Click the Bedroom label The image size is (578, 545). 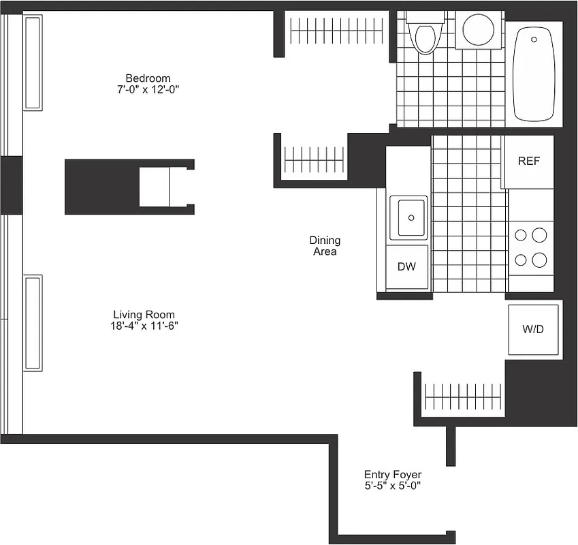pyautogui.click(x=148, y=78)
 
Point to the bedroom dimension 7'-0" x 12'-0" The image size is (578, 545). pyautogui.click(x=148, y=89)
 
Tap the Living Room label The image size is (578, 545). pyautogui.click(x=144, y=315)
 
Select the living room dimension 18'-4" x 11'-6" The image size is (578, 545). pyautogui.click(x=144, y=326)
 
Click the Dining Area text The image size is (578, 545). pyautogui.click(x=325, y=246)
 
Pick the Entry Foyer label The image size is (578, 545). pyautogui.click(x=392, y=475)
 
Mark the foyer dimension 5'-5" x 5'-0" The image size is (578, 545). pyautogui.click(x=392, y=486)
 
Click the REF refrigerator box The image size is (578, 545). pyautogui.click(x=528, y=161)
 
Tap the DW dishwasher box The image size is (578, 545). pyautogui.click(x=406, y=266)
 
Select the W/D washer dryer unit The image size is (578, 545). pyautogui.click(x=533, y=330)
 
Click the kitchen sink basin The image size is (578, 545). pyautogui.click(x=408, y=217)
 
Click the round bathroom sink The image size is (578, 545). pyautogui.click(x=479, y=29)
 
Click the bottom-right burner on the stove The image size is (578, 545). pyautogui.click(x=539, y=260)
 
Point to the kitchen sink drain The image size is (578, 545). pyautogui.click(x=411, y=218)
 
